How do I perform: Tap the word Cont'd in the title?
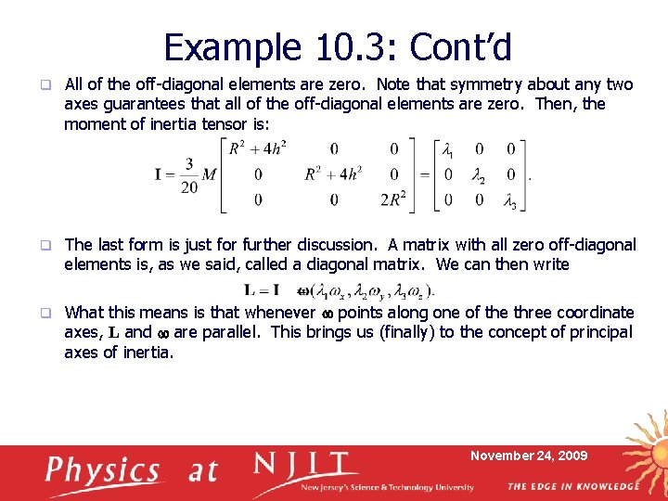(x=460, y=46)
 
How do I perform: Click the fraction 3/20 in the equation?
(x=188, y=175)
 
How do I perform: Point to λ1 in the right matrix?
(x=449, y=150)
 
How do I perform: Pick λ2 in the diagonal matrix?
(x=479, y=175)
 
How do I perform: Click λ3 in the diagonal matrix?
(x=509, y=201)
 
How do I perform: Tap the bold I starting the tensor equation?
(x=161, y=175)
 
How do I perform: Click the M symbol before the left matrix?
(x=209, y=175)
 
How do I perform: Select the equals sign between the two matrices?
(x=423, y=175)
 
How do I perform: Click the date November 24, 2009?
(x=529, y=456)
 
